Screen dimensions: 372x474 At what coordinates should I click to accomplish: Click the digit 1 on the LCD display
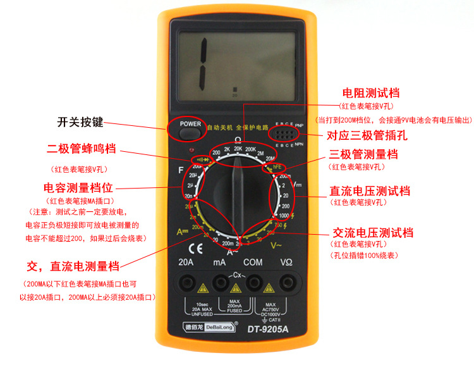(204, 64)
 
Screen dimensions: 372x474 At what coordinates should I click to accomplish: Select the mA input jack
(220, 282)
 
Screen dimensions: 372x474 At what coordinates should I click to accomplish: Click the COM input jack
(254, 282)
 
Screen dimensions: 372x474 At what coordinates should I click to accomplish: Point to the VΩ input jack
(287, 282)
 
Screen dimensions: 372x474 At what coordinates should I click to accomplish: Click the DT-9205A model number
(268, 328)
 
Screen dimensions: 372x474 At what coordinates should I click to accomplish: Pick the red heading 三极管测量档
(363, 154)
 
